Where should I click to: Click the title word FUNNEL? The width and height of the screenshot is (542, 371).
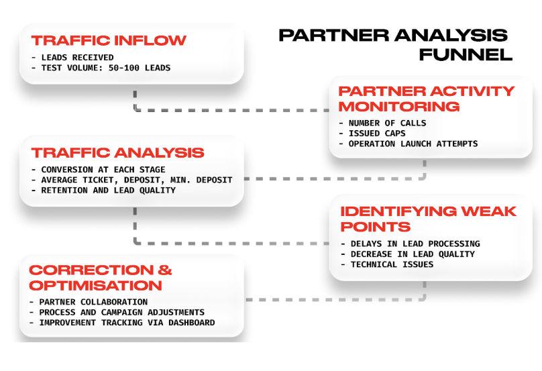(x=466, y=54)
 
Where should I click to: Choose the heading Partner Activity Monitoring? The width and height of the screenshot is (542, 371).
(x=426, y=99)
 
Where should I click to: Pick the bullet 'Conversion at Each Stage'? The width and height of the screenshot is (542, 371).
(x=103, y=169)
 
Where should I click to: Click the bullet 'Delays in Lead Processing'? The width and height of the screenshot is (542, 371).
(x=415, y=244)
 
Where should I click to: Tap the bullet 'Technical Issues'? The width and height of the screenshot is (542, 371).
(x=392, y=264)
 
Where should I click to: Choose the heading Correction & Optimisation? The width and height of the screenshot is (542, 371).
(x=101, y=278)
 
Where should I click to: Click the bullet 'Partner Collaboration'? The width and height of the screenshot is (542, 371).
(x=93, y=302)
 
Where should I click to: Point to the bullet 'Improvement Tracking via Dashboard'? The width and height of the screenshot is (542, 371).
(x=126, y=323)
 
